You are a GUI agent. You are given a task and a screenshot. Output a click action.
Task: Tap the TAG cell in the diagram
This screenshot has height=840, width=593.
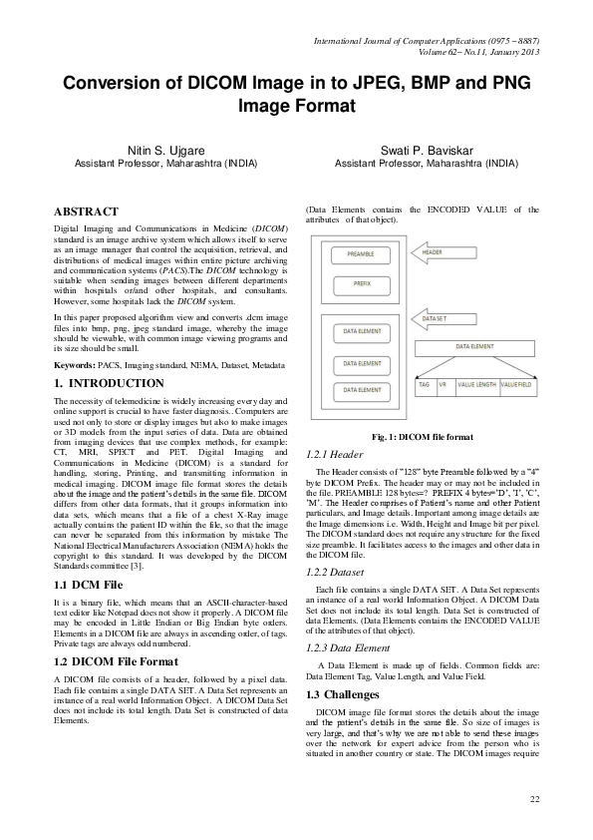click(425, 382)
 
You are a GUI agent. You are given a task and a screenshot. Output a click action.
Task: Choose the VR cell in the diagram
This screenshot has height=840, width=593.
click(444, 382)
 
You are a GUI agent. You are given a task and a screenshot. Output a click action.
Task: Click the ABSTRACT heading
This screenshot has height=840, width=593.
click(86, 211)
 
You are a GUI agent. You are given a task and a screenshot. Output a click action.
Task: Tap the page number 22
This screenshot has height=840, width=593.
click(534, 799)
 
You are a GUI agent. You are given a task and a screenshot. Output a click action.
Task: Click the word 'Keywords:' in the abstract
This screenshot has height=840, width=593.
click(76, 366)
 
